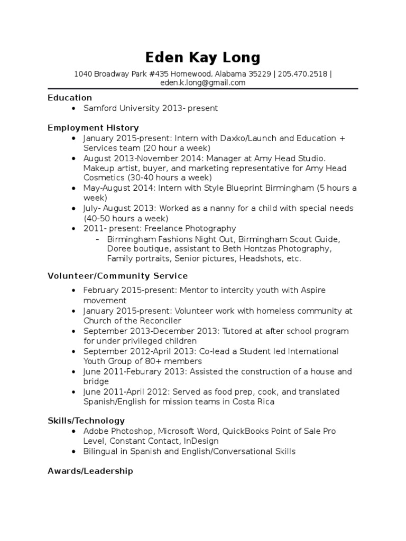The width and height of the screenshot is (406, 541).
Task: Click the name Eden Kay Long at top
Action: coord(203,57)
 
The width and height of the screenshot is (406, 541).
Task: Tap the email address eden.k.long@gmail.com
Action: coord(203,83)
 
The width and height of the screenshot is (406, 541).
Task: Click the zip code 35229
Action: coord(259,74)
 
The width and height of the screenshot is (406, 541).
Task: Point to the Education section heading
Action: coord(70,98)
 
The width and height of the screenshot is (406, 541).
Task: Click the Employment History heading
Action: coord(93,128)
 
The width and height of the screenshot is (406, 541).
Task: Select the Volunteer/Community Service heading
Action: coord(117,276)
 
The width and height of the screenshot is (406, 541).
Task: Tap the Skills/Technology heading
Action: coord(86,421)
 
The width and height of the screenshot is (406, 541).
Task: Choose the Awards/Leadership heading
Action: coord(90,471)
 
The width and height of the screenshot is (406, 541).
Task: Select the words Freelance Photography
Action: coord(196,229)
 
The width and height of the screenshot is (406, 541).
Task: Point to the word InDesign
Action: coord(201,441)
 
